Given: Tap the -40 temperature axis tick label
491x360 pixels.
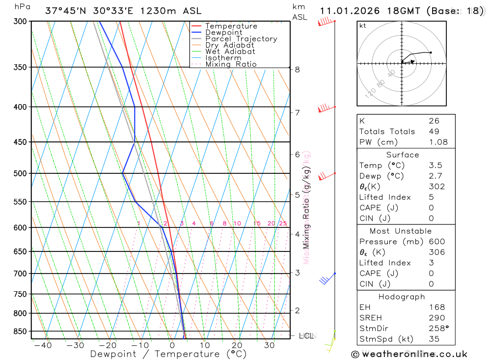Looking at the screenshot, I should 43,345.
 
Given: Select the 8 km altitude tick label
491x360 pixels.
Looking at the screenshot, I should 298,69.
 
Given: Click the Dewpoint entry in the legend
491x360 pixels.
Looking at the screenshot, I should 223,32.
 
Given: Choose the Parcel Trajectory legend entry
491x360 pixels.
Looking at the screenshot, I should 241,39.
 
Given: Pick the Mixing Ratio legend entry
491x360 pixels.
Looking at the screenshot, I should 231,64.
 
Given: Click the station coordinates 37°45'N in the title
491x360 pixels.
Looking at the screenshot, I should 65,11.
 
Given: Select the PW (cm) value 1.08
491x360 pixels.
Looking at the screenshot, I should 438,142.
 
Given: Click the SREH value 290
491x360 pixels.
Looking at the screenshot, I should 435,318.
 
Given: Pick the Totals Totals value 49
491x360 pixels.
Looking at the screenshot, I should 434,132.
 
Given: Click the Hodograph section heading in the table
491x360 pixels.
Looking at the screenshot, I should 402,297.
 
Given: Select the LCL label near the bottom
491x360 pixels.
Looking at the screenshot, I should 306,336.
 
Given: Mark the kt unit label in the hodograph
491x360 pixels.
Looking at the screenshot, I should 362,26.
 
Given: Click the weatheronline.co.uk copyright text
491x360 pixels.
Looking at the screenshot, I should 409,354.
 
